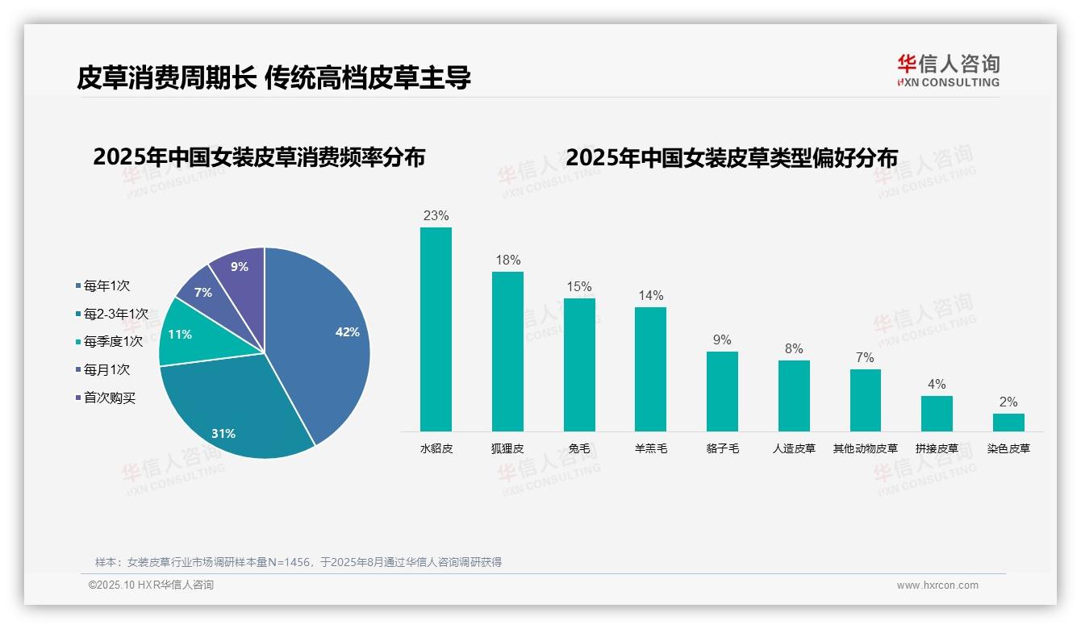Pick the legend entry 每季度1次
pos(113,342)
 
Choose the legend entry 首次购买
pos(110,398)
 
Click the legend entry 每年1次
pos(106,286)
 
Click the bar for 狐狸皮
pos(507,352)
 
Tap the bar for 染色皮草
pos(1008,423)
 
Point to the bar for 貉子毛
pos(722,391)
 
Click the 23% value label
pos(436,216)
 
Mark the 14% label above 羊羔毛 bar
pos(650,296)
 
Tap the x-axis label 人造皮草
pos(794,448)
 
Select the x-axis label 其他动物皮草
pos(865,448)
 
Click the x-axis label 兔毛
pos(579,448)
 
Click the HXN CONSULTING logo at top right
pos(948,71)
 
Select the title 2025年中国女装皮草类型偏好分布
pos(731,158)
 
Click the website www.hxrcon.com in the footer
pos(937,585)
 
